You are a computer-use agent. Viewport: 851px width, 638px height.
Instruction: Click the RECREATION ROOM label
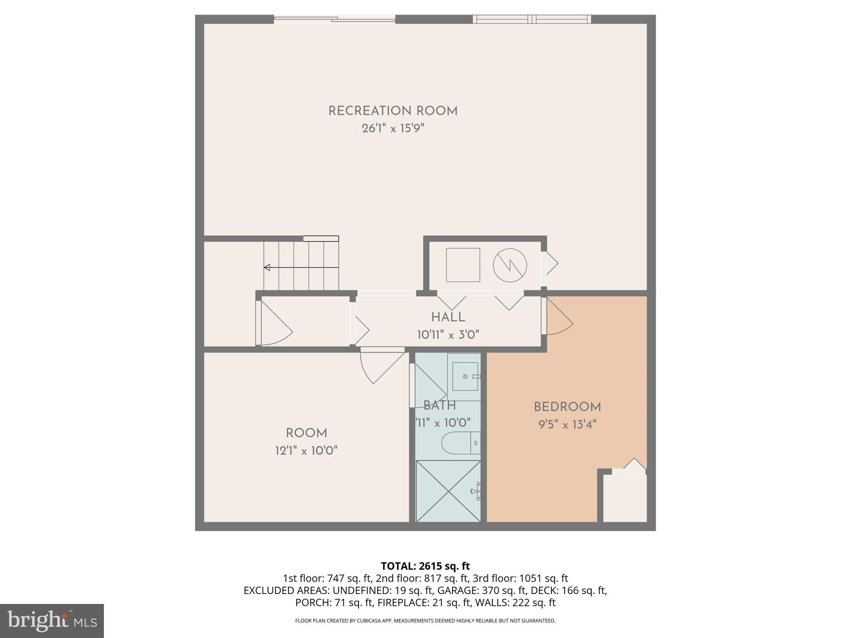(x=393, y=111)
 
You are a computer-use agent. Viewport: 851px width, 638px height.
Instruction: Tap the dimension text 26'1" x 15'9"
(x=393, y=128)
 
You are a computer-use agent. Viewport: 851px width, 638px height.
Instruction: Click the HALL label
(x=448, y=317)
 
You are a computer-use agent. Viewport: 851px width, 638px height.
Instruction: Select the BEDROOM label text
(x=567, y=407)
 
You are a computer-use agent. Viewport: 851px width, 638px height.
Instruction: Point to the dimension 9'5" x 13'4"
(x=567, y=425)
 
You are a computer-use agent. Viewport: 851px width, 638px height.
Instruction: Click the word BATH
(x=440, y=405)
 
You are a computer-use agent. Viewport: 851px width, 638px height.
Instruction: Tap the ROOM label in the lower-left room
(x=306, y=433)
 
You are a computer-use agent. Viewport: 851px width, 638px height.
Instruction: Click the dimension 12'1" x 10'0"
(x=306, y=451)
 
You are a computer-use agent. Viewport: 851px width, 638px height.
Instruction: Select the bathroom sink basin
(x=465, y=376)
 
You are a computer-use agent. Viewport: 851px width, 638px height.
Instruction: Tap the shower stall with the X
(x=448, y=491)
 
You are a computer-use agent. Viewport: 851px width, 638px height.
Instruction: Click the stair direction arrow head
(x=267, y=267)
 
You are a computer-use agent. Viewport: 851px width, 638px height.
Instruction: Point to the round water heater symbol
(x=510, y=265)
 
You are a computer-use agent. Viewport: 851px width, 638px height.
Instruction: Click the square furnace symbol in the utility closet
(x=463, y=265)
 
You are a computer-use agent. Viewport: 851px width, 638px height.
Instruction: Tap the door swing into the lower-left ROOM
(x=380, y=366)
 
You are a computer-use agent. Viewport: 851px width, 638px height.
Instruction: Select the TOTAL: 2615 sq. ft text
(x=425, y=566)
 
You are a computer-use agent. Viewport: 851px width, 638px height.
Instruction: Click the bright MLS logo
(x=52, y=621)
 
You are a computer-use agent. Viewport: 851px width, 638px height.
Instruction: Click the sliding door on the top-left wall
(x=334, y=19)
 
